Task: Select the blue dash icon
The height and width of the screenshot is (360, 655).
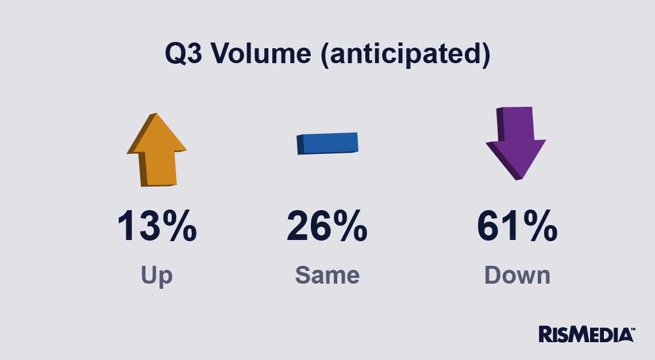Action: [327, 143]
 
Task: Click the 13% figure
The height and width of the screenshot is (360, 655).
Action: [157, 226]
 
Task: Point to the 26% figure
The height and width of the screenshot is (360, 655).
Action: [327, 226]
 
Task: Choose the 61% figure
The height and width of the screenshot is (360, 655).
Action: [517, 226]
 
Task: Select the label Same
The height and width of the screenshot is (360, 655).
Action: [327, 275]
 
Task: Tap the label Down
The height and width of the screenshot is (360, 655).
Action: [517, 275]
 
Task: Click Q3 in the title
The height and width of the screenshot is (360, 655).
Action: [184, 53]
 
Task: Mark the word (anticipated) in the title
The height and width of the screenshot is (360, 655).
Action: [406, 55]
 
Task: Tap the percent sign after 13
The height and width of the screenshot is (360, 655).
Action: [179, 226]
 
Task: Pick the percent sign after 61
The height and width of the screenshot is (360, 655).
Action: [540, 226]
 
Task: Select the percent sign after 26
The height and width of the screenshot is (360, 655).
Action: [350, 226]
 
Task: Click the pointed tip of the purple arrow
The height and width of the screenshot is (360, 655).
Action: [518, 180]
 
